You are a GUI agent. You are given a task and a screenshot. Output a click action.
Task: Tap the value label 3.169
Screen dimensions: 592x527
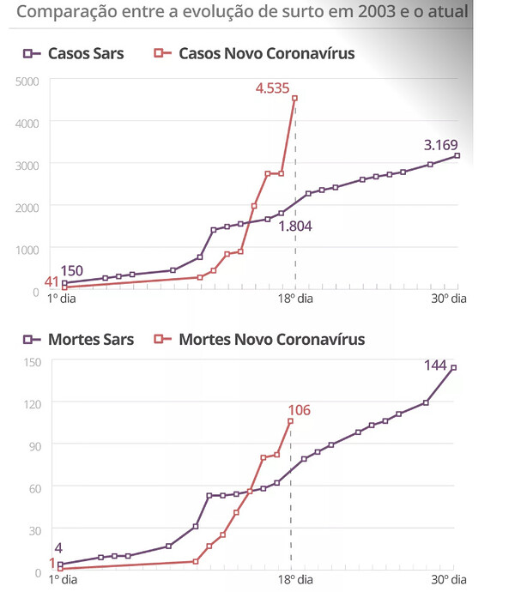click(x=440, y=144)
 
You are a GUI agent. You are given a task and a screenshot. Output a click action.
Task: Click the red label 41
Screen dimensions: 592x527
click(x=51, y=281)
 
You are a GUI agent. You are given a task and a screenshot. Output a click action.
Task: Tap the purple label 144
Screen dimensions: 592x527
click(x=437, y=365)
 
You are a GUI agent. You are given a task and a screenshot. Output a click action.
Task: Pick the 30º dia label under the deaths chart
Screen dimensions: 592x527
click(x=450, y=580)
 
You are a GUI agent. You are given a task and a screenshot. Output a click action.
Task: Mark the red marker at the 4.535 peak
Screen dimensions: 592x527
click(x=295, y=99)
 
